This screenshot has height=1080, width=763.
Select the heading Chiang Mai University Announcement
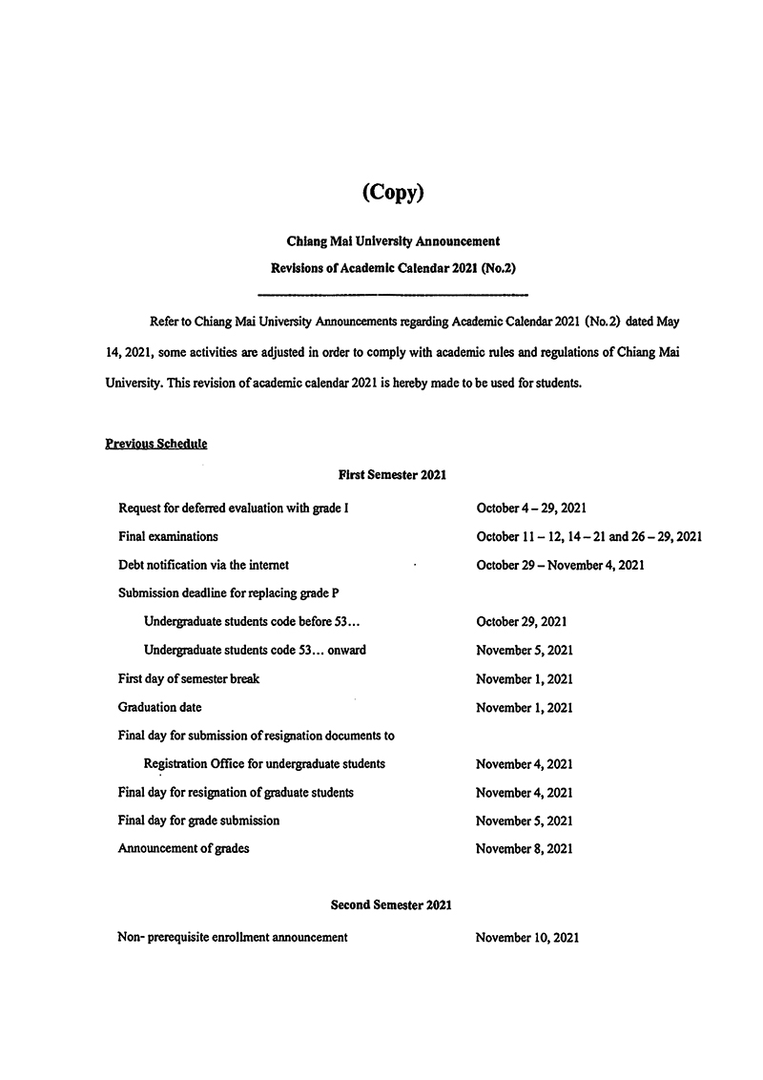[x=393, y=242]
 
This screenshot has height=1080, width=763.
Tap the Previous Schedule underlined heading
[x=155, y=444]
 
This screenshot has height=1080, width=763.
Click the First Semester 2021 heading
[x=393, y=473]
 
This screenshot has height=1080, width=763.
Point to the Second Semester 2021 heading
[x=391, y=903]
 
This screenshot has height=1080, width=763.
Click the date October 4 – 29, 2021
[x=538, y=509]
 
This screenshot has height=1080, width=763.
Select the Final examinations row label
[x=168, y=536]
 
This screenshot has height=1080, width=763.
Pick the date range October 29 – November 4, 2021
[x=560, y=565]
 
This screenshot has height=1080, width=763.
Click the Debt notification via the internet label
[x=203, y=565]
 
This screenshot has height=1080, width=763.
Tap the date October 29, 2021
[x=522, y=621]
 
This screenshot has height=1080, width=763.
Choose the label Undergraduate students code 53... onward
[x=255, y=650]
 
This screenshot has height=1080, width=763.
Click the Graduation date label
[x=159, y=707]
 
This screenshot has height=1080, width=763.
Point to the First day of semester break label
[x=189, y=678]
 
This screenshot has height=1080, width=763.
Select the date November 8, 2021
[x=524, y=848]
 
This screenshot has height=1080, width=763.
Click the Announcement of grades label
[x=183, y=848]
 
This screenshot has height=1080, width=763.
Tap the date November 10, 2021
[x=526, y=937]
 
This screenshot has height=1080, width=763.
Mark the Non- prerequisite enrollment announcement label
[x=233, y=937]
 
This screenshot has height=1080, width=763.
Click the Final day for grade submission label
[x=198, y=820]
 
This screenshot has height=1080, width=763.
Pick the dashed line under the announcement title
[x=393, y=293]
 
